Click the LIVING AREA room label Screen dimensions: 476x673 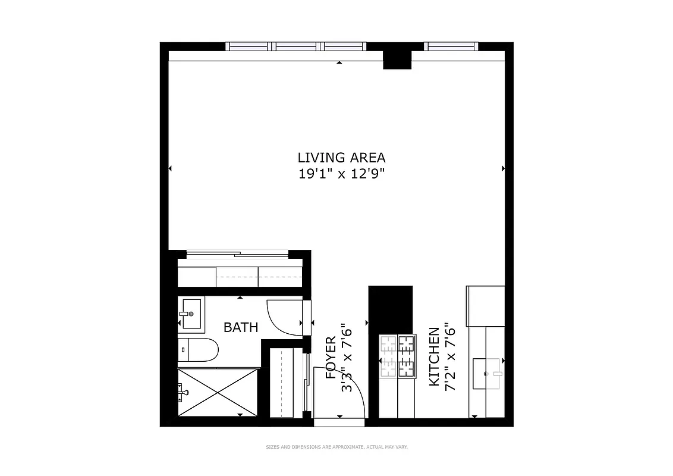point(341,158)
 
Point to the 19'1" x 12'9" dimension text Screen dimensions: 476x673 point(341,174)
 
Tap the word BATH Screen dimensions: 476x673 point(241,327)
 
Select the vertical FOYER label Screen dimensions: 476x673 point(331,358)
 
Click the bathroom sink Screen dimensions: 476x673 point(191,314)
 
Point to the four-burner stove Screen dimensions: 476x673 point(398,356)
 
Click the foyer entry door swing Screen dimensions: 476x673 point(339,396)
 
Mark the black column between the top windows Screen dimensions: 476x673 point(397,59)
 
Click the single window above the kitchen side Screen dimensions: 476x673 point(450,46)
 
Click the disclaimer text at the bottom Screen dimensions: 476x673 point(336,447)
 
